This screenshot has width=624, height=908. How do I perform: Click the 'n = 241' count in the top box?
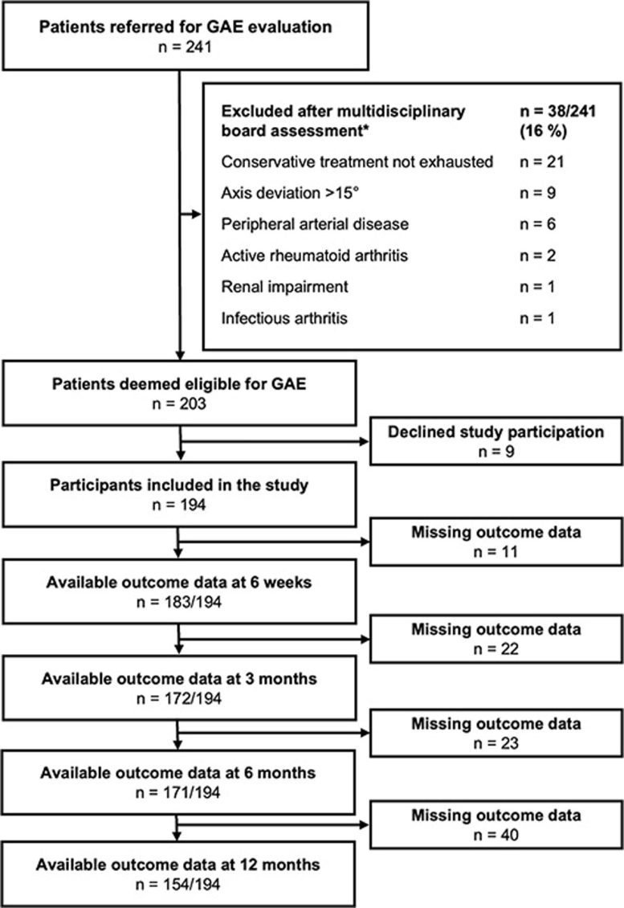[186, 47]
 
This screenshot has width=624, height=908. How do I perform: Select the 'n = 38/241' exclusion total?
[557, 111]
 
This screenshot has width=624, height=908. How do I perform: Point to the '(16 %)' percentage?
[543, 131]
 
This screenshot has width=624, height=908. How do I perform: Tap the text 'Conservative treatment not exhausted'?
[357, 162]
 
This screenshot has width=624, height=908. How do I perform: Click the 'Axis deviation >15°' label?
[289, 193]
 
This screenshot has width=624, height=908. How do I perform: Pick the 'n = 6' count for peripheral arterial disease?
[537, 224]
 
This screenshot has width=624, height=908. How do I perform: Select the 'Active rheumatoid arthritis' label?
[314, 256]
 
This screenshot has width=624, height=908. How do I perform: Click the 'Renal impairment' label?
[285, 287]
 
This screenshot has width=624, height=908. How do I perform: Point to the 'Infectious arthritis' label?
[284, 318]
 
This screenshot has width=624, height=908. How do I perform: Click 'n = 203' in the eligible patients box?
[179, 403]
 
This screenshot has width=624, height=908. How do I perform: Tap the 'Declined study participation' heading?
[496, 432]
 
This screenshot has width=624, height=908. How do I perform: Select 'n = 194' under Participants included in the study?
[179, 505]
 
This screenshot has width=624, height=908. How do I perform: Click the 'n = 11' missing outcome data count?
[496, 552]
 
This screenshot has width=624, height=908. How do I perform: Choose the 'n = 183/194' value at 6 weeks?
[179, 602]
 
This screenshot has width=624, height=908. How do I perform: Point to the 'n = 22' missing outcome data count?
[496, 649]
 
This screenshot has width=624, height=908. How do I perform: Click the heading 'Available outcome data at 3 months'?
[179, 679]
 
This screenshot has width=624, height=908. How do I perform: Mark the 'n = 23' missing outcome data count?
[496, 743]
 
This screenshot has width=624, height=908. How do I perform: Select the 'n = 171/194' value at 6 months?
[178, 792]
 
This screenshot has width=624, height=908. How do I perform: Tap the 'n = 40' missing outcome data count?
[496, 835]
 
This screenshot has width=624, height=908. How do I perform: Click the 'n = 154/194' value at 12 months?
[178, 884]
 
